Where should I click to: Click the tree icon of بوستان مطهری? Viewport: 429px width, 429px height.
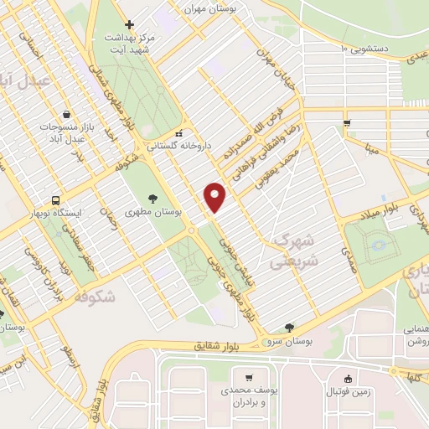152,199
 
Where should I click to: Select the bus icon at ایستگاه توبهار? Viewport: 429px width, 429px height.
55,201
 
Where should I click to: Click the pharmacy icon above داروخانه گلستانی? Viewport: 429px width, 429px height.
178,132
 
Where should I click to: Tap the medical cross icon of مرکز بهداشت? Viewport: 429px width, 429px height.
128,25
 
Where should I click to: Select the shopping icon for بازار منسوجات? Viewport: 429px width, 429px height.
67,115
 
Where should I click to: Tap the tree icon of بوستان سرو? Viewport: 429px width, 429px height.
290,328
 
